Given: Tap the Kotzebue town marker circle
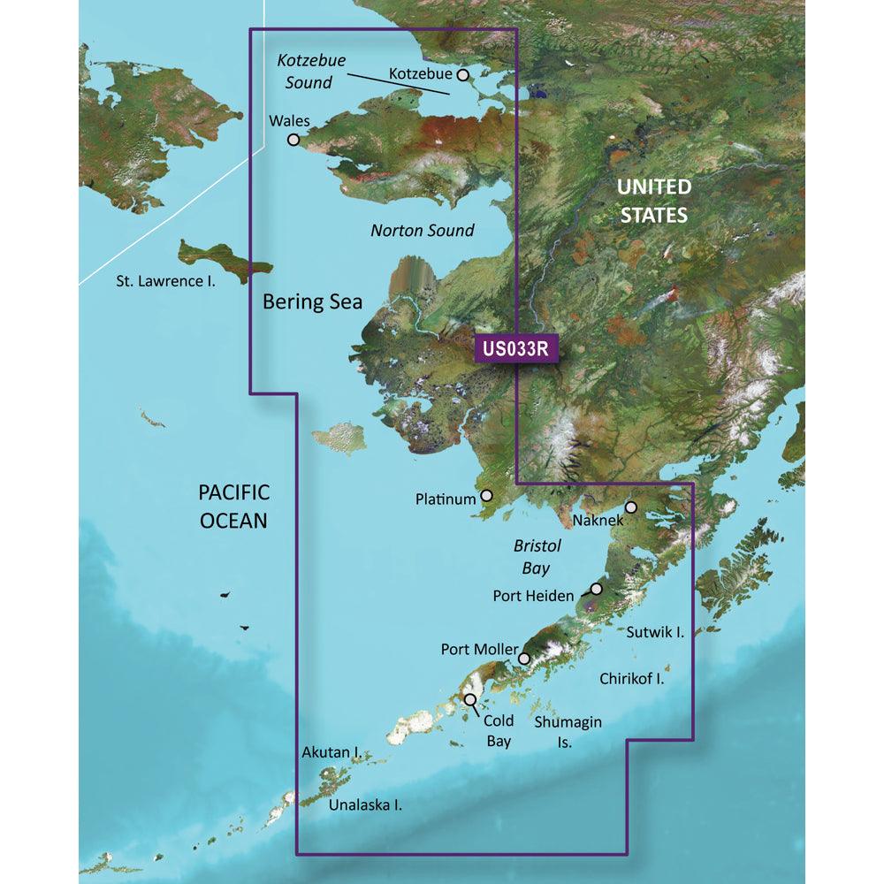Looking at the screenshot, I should tap(461, 76).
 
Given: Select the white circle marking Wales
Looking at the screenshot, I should tap(293, 139).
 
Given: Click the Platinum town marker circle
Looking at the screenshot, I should tap(485, 498).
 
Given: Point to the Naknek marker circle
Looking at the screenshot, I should tap(631, 507).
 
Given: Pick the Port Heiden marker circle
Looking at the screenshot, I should tap(597, 589).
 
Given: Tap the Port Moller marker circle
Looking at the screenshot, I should tap(524, 658).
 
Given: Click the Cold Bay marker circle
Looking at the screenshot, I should tap(470, 700).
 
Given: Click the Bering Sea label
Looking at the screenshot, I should tap(313, 301).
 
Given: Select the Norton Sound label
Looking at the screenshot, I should tap(422, 231).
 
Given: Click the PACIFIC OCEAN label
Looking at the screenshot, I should tap(233, 507).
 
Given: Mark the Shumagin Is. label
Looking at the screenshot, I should tap(568, 732).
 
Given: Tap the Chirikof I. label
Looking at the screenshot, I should tap(631, 679).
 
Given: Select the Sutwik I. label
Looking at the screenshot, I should tap(655, 632).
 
